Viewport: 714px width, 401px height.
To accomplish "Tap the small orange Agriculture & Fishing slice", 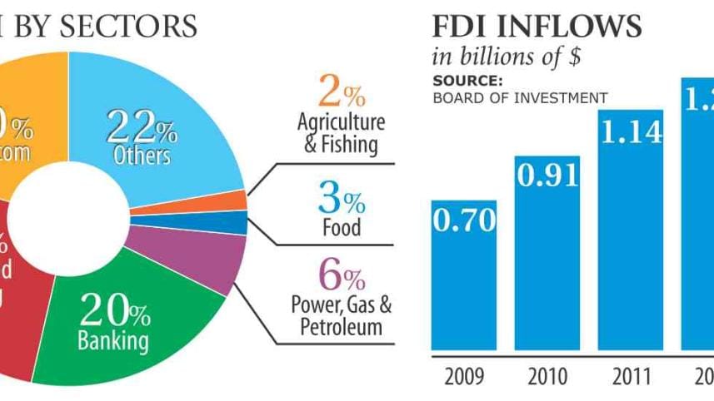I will tap(233, 200).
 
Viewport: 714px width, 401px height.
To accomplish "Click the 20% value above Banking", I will tap(114, 311).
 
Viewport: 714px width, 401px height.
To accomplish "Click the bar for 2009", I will tap(463, 283).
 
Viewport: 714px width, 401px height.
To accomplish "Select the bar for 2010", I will tap(547, 266).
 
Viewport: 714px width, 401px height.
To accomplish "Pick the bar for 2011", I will tap(630, 241).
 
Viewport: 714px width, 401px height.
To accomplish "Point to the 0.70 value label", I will tap(464, 221).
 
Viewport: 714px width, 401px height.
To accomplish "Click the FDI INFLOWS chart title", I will tap(537, 27).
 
